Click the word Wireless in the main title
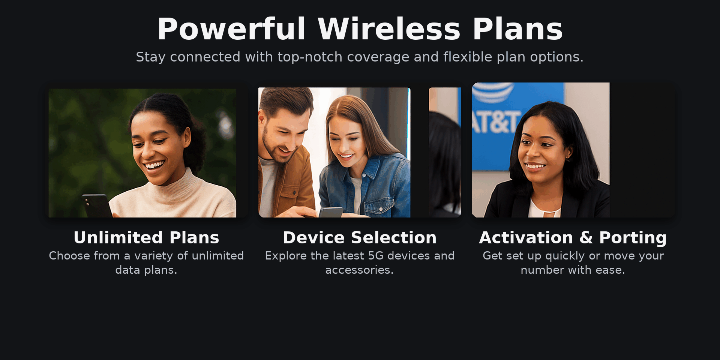coord(389,29)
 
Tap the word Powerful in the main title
coord(231,29)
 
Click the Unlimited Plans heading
coord(146,238)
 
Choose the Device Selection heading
coord(360,238)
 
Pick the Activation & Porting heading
coord(573,238)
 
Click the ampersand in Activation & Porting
coord(586,238)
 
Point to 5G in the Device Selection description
coord(376,256)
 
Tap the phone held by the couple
coord(331,212)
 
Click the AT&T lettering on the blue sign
coord(496,122)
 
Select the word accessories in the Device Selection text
coord(359,270)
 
